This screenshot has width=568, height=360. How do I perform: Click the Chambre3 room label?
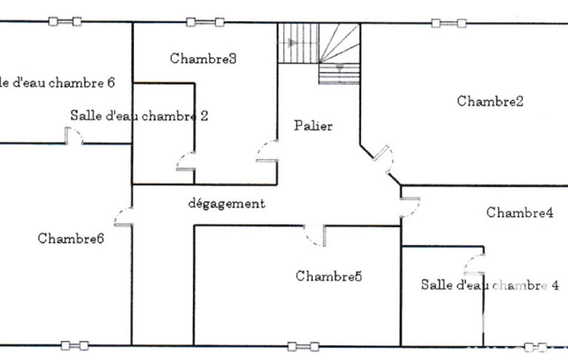[x=203, y=58]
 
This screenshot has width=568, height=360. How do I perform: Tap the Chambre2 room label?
[x=490, y=101]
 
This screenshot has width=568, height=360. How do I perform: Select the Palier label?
[x=313, y=126]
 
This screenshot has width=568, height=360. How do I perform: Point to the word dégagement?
[x=227, y=204]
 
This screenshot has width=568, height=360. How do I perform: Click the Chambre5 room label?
[x=329, y=276]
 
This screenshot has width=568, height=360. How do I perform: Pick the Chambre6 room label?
[x=70, y=238]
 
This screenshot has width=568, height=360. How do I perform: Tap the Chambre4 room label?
[x=520, y=213]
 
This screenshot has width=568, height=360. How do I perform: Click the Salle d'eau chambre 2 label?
[x=139, y=116]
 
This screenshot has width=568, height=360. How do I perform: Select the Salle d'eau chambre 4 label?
[x=490, y=285]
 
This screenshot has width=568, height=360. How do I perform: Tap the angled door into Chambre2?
[x=383, y=158]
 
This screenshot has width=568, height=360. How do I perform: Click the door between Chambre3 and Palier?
[x=267, y=151]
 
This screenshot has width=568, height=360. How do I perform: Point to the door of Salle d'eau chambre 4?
[x=474, y=264]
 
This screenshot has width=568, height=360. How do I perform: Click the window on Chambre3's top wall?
[x=205, y=23]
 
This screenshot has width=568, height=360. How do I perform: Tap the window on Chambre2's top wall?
[x=449, y=24]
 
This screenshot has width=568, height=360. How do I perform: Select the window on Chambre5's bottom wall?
[x=303, y=347]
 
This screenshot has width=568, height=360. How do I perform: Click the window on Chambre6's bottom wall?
[x=75, y=346]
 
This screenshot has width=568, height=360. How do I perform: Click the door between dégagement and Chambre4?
[x=410, y=208]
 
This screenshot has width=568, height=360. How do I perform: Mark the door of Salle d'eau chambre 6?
[x=74, y=136]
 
